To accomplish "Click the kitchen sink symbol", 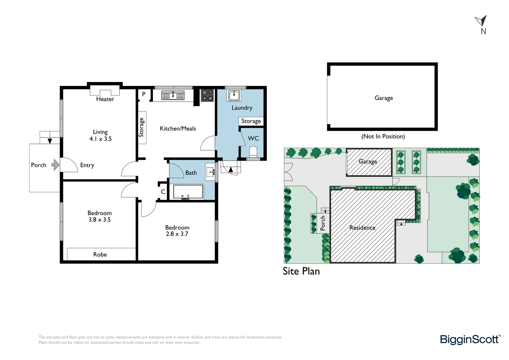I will [x=173, y=96].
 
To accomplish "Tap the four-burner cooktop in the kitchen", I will [x=207, y=95].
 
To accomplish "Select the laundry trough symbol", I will [x=234, y=95].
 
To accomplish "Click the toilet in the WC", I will [x=253, y=152].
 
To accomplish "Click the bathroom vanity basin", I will [x=210, y=172].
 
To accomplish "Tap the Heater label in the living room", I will [x=105, y=99].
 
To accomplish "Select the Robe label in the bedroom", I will [x=100, y=254].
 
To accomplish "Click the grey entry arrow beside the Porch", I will [x=55, y=165].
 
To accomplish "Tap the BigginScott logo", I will [x=470, y=339].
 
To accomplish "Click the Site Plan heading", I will [x=301, y=271].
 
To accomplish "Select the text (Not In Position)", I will [x=383, y=136].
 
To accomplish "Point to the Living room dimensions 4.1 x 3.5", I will [x=100, y=139].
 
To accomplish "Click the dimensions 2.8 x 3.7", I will [x=177, y=234].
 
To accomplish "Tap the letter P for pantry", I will [x=144, y=94].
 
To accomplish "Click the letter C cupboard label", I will [x=163, y=192].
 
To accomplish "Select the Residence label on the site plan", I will [x=362, y=228].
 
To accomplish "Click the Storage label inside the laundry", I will [x=251, y=121].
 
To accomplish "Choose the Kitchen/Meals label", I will [x=178, y=128].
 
